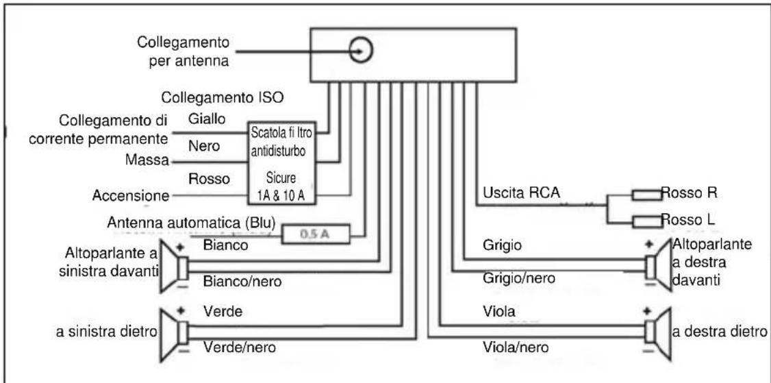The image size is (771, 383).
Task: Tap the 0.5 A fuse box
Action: point(316,234)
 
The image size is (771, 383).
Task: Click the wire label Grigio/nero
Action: point(515,278)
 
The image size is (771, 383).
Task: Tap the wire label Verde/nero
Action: point(240,347)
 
